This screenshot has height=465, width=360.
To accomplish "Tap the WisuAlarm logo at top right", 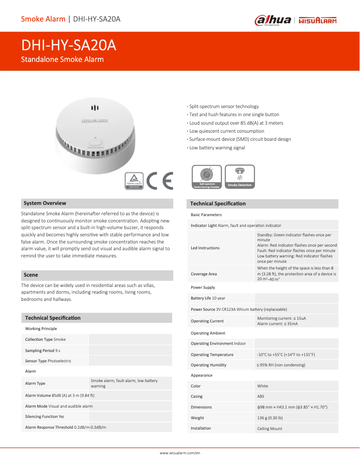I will point(317,20).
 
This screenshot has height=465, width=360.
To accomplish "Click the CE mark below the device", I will point(160,181).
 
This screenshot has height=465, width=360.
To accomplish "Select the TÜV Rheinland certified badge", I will point(134,181).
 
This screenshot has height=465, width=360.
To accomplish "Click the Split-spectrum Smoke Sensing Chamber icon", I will point(206,177).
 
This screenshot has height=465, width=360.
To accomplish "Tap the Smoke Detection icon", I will point(240,177).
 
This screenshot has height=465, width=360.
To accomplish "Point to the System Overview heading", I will point(45,203).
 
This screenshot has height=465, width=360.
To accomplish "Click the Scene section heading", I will point(31,275).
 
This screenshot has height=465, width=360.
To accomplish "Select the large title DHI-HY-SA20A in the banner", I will point(69,46).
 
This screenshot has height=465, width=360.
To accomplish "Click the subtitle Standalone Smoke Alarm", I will point(62,59).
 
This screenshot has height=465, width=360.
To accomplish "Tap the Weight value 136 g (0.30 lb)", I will point(270,418).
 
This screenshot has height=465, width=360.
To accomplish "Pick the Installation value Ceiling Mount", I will point(269,429).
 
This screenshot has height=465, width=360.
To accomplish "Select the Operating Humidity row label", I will point(208,365).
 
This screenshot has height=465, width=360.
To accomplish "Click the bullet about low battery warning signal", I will point(216,148).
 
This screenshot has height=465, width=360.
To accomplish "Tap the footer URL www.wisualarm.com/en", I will point(180,453).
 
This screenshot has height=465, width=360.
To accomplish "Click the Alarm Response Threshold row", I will point(69,427).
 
